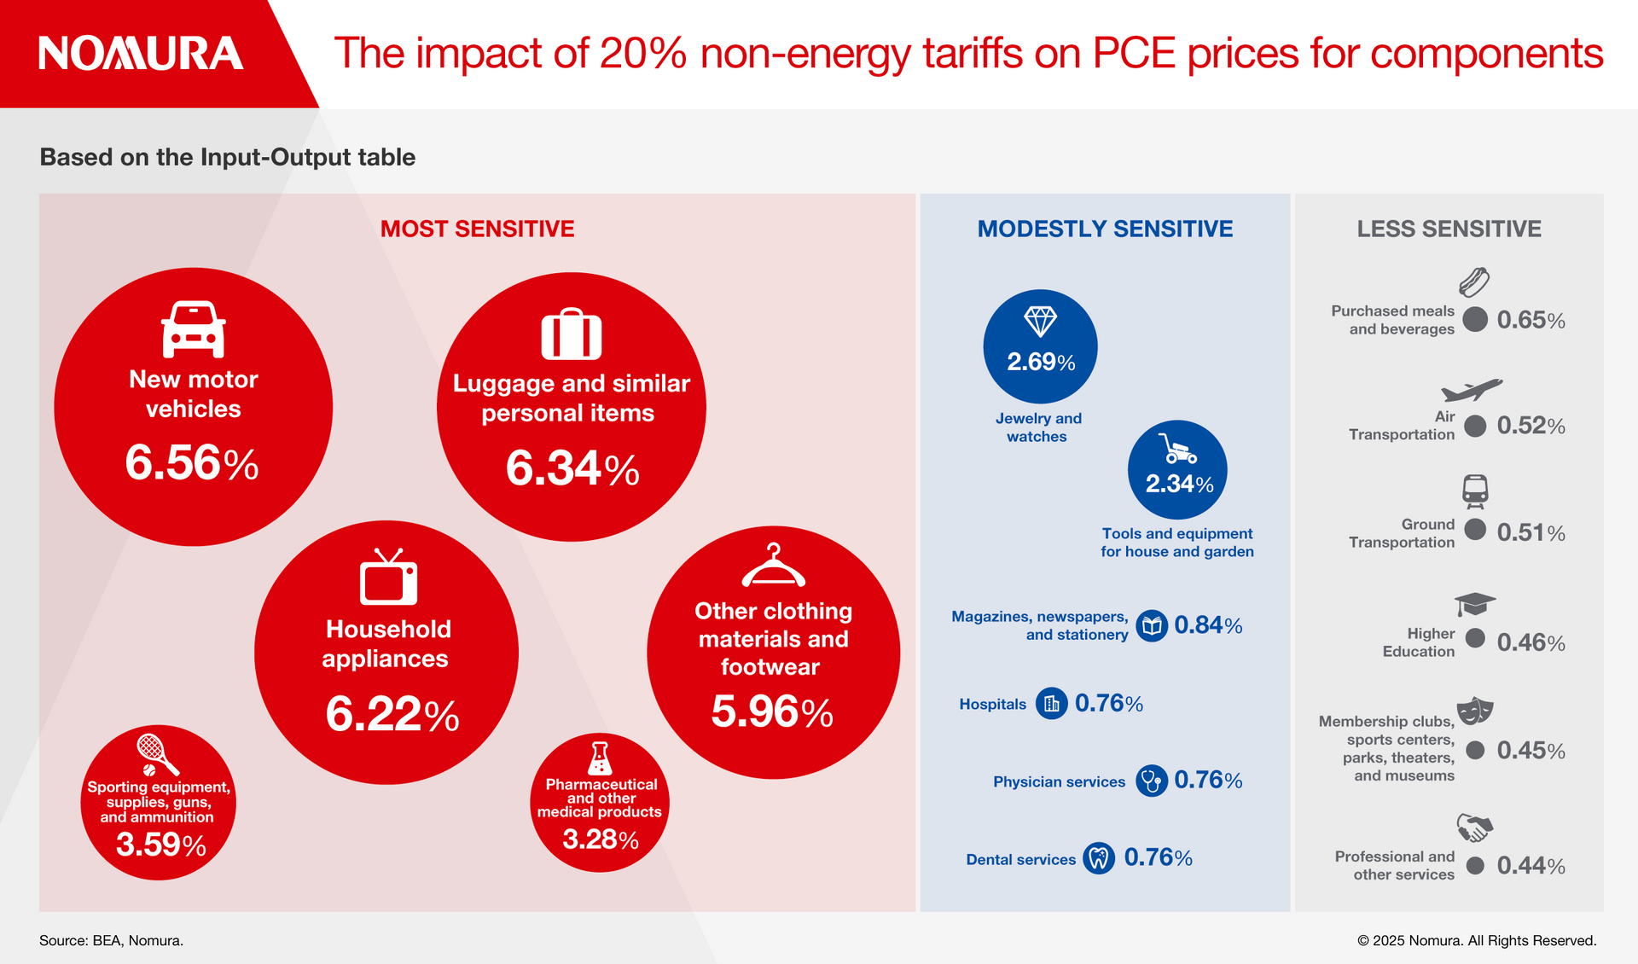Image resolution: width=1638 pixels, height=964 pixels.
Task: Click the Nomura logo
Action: [141, 53]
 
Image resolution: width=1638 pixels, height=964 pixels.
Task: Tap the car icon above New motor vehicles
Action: [194, 329]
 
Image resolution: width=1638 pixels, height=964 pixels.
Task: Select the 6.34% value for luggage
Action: [572, 468]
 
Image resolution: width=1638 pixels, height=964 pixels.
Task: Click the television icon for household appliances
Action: [388, 578]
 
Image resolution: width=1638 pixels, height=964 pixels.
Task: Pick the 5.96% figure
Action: [772, 711]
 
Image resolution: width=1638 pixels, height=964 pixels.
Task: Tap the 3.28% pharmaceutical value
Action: [601, 839]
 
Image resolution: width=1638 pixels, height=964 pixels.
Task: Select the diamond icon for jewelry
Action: [1040, 322]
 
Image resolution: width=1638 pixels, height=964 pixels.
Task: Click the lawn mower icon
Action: [1176, 448]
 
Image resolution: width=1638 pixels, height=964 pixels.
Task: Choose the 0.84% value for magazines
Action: [1208, 625]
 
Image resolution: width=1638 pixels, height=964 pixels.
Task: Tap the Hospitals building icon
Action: [1051, 704]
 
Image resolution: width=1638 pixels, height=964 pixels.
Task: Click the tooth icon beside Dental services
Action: [1099, 857]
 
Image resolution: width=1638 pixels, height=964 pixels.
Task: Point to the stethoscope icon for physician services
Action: [1151, 780]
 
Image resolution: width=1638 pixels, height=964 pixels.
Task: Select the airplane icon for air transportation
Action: [1472, 390]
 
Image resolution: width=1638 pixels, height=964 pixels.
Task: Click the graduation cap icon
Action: [1475, 603]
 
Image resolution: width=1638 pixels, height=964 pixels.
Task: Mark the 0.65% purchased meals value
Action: [1531, 320]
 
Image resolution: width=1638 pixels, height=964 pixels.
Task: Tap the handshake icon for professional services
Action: [1474, 827]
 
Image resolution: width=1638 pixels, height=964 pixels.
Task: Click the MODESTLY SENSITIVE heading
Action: [1105, 229]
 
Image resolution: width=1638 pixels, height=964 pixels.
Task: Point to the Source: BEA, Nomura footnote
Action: [111, 940]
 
